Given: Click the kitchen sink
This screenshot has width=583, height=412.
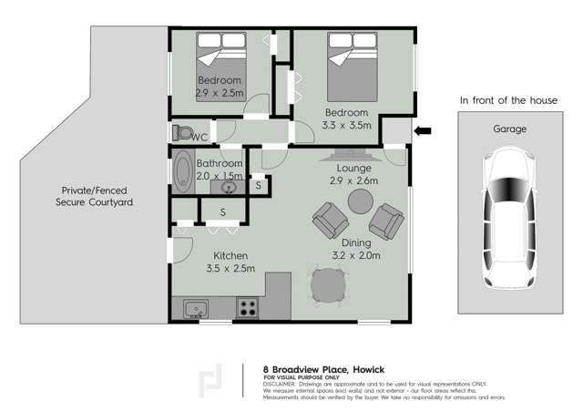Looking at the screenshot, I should [x=196, y=309].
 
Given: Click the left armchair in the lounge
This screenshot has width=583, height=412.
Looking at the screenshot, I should [x=330, y=219].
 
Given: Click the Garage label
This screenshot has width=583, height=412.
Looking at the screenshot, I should [x=509, y=129].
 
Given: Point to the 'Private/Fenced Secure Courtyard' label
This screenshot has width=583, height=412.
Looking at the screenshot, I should [x=94, y=196].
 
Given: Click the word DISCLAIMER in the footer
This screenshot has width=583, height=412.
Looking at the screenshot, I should [x=280, y=385].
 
